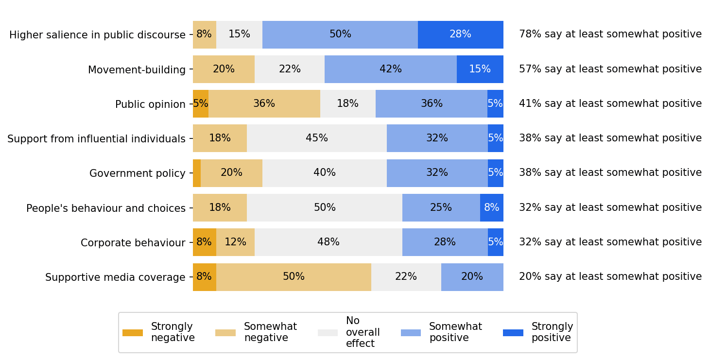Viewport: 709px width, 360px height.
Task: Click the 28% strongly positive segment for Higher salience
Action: click(460, 34)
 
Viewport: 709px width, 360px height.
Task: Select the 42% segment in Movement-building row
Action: click(390, 69)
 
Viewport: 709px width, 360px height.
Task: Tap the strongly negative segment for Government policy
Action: click(197, 173)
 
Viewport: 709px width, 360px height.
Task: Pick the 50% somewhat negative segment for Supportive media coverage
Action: click(294, 277)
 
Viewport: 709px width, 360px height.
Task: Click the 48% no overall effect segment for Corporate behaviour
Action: click(328, 242)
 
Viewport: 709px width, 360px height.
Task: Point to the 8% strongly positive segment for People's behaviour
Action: click(491, 207)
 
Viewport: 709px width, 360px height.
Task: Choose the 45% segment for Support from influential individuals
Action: click(316, 138)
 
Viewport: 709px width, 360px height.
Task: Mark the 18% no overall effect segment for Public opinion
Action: click(347, 104)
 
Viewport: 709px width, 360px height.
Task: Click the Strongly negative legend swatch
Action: click(133, 333)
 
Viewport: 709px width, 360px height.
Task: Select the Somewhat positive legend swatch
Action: click(411, 333)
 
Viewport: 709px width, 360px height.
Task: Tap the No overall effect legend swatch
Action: click(328, 333)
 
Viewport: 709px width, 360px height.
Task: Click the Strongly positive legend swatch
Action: click(513, 333)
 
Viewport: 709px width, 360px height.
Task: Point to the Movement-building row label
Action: click(137, 70)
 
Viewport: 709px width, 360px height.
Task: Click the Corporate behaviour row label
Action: click(133, 243)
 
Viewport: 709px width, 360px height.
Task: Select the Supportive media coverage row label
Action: click(115, 277)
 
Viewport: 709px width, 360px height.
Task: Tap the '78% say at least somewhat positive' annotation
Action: click(610, 34)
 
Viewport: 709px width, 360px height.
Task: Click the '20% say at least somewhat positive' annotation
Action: click(610, 277)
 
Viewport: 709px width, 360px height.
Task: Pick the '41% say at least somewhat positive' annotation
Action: click(610, 104)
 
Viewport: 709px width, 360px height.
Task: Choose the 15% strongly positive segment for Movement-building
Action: click(480, 69)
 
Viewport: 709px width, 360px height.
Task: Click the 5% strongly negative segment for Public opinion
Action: click(200, 104)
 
